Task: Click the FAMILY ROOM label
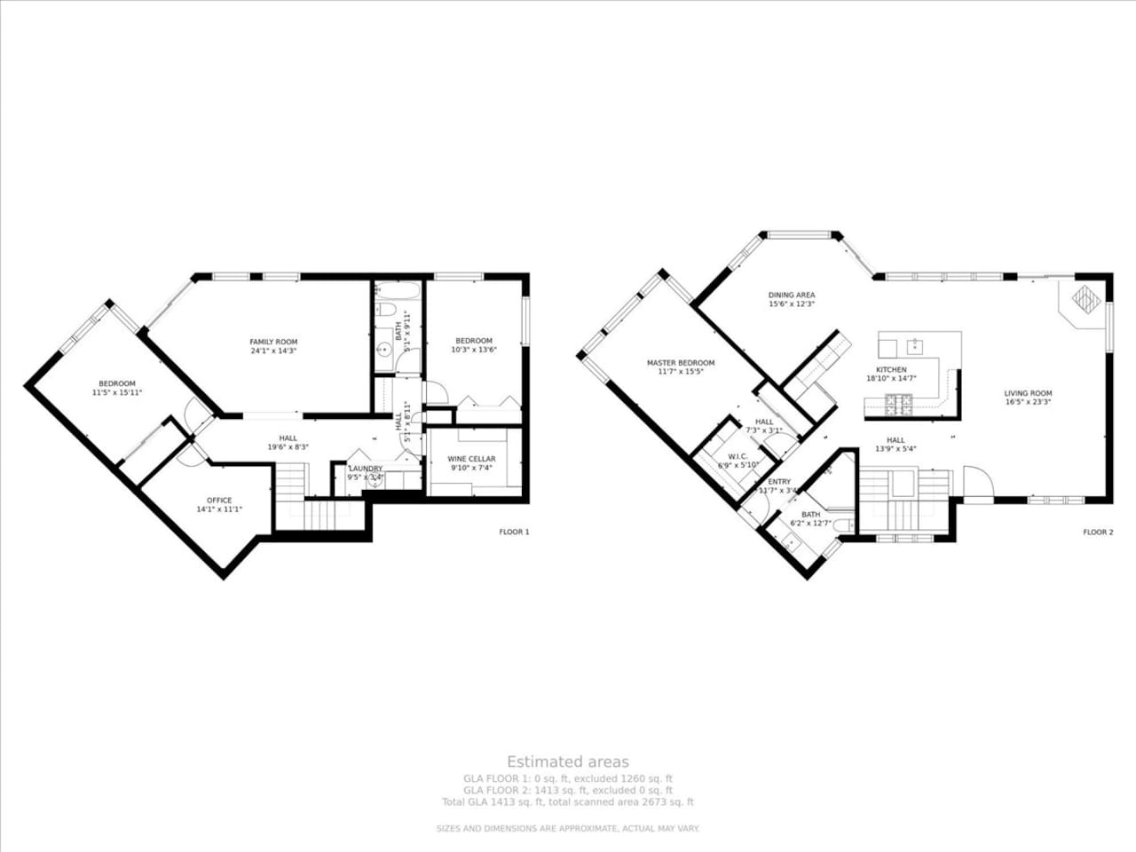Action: tap(273, 342)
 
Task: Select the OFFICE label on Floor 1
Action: tap(219, 501)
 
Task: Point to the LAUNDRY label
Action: tap(365, 469)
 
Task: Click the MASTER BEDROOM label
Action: tap(681, 363)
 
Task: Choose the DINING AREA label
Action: tap(792, 296)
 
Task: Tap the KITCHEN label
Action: tap(891, 369)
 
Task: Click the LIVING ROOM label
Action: tap(1028, 393)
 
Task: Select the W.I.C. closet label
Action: tap(738, 455)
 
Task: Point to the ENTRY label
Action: tap(779, 482)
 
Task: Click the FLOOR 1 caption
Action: tap(514, 532)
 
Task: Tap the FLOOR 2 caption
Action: tap(1097, 532)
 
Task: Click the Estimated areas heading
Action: tap(568, 761)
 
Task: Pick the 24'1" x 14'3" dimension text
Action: tap(273, 351)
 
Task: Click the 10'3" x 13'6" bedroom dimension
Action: tap(474, 350)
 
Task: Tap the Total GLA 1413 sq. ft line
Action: tap(568, 802)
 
